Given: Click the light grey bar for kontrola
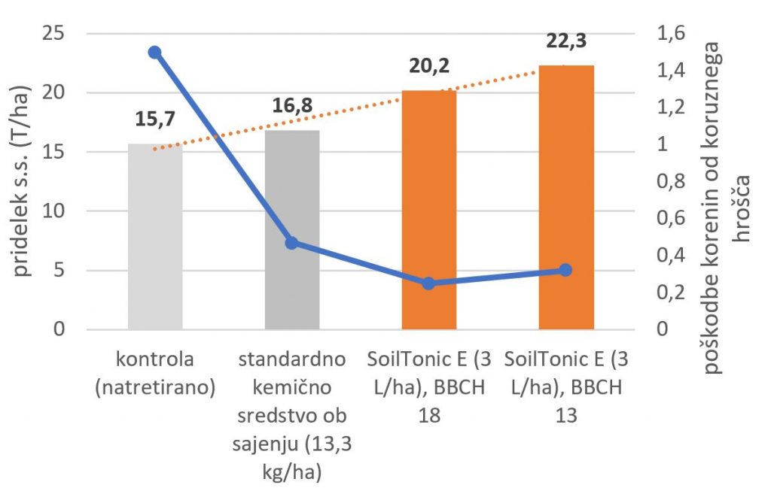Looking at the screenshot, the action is [x=155, y=236].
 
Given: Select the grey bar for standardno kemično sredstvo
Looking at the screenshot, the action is [x=292, y=230].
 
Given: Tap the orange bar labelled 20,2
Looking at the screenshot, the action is [x=429, y=210].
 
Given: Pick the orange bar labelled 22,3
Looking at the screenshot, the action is [x=566, y=197].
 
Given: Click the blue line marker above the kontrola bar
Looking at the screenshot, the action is [x=155, y=52].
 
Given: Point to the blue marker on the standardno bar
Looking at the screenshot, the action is [x=291, y=243].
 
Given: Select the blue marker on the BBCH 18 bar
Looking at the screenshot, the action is [x=428, y=283].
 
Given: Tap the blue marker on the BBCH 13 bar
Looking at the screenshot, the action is [x=565, y=270].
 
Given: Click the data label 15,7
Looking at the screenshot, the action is [x=155, y=119].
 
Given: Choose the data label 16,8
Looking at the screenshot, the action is [x=292, y=105].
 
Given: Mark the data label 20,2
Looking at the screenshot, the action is [x=429, y=65].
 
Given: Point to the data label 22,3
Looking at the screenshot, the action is [x=566, y=41].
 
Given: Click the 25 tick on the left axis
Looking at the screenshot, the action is [x=53, y=33].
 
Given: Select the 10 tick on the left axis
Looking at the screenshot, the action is [x=53, y=211].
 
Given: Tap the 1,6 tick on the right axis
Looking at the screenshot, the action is [x=671, y=33].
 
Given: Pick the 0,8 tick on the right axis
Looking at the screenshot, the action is [x=671, y=181].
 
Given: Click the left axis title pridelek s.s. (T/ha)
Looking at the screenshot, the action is [x=20, y=181].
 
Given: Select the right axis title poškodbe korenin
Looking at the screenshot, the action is [x=726, y=208].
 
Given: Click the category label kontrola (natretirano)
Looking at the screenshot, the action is [x=155, y=373].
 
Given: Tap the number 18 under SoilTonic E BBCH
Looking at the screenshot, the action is [x=429, y=416].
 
